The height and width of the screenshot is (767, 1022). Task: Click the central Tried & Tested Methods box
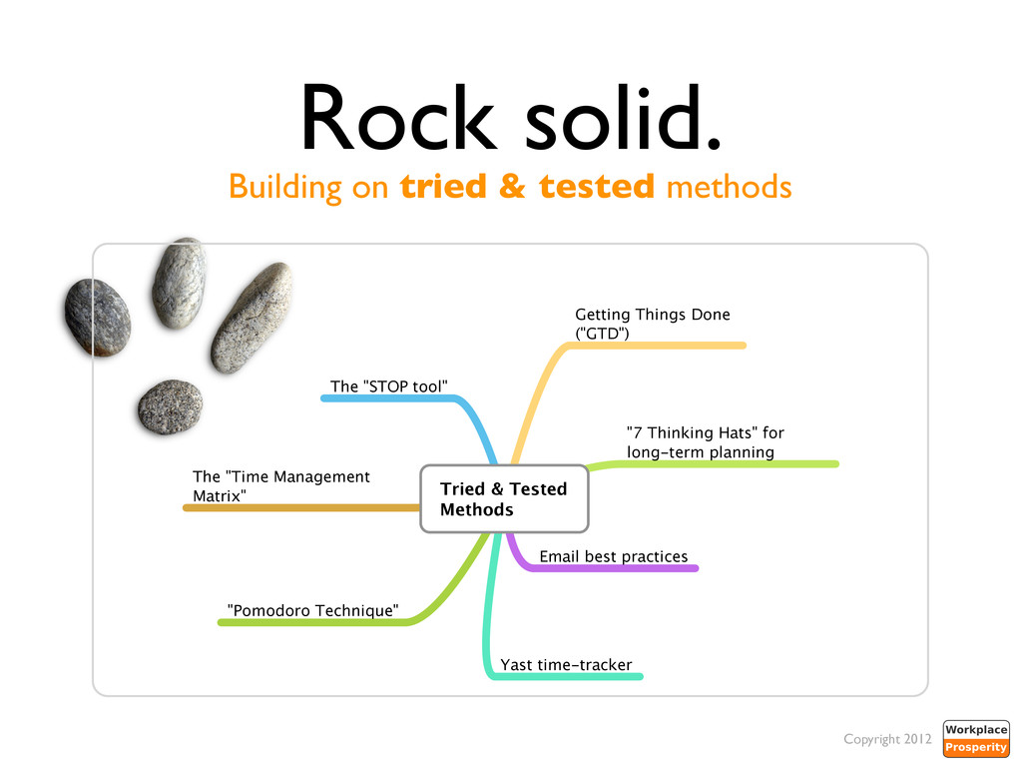coord(504,499)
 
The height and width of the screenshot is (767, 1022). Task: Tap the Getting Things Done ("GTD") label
coord(652,324)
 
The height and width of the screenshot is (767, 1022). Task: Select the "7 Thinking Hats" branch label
coord(705,442)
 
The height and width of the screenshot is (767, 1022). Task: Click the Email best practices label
coord(613,556)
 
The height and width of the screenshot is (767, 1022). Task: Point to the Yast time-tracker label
coord(566,664)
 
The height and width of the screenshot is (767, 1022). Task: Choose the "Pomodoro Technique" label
coord(313,610)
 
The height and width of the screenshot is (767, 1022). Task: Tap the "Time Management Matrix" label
coord(280,486)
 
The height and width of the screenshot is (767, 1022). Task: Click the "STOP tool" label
coord(389,385)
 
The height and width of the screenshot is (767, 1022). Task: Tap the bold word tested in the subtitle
coord(597,187)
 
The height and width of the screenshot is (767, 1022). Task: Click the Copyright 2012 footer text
coord(887,739)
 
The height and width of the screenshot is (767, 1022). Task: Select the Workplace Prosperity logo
coord(976,739)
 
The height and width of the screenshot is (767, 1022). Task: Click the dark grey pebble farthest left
coord(97,319)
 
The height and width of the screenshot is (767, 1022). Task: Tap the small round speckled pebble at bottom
coord(170,406)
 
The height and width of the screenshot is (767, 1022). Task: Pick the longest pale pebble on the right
coord(252,318)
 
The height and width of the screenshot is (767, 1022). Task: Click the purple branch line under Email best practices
coord(619,569)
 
